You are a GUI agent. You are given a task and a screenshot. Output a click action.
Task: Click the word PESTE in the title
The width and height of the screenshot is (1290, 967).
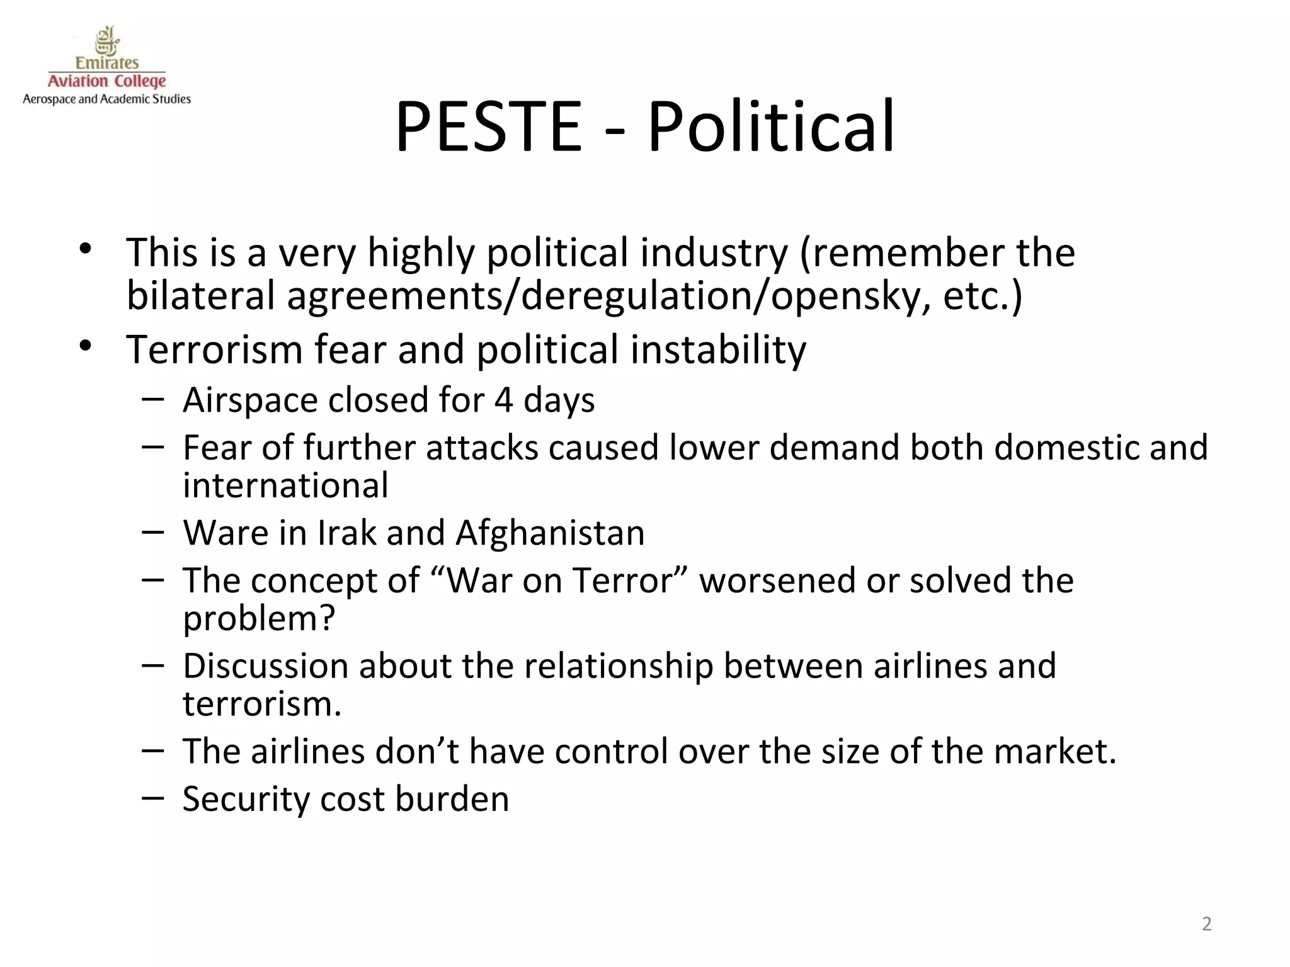click(488, 127)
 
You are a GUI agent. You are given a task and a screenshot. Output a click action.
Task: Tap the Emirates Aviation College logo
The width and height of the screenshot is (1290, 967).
click(106, 66)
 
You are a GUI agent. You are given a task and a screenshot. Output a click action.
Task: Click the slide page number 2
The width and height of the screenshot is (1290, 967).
click(1206, 924)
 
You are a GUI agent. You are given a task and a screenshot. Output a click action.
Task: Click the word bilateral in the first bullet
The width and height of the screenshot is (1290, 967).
click(200, 296)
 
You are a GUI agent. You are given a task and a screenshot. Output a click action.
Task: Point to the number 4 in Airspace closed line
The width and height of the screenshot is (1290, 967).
click(503, 400)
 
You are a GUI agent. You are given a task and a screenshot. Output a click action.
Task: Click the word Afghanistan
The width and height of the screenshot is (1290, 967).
click(549, 533)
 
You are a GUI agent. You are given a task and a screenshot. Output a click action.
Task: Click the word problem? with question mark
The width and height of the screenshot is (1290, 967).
click(259, 618)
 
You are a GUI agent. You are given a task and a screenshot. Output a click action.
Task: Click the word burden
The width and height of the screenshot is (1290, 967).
click(452, 800)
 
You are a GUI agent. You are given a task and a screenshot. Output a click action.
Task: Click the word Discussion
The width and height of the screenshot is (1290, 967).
click(265, 666)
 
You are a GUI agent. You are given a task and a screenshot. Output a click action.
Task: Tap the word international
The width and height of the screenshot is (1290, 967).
click(285, 485)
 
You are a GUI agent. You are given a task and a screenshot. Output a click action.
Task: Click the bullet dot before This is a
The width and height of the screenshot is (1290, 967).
click(86, 249)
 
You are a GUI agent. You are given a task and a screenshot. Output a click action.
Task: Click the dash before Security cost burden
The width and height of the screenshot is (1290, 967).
click(153, 798)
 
